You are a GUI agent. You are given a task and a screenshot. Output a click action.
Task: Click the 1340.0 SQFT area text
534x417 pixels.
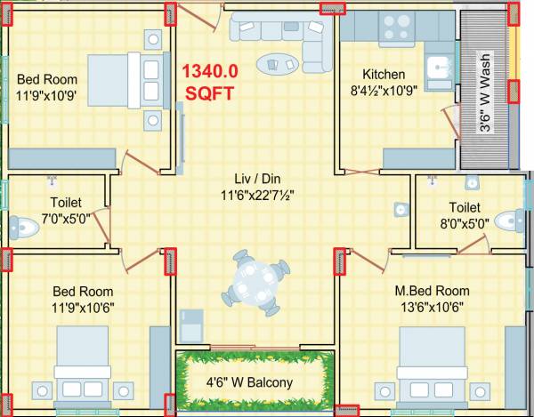click(210, 80)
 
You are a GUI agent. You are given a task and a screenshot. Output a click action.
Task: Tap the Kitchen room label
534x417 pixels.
click(383, 74)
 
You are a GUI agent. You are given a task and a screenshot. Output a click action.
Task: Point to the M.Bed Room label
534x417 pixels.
click(432, 291)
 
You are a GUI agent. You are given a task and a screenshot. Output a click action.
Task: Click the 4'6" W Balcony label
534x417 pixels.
click(256, 383)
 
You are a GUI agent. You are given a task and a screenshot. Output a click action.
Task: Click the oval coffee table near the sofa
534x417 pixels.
click(279, 64)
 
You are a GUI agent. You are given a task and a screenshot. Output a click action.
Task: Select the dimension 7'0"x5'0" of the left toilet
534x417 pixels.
click(54, 217)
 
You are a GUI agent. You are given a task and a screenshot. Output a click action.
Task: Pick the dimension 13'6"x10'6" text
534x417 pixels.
click(432, 308)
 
